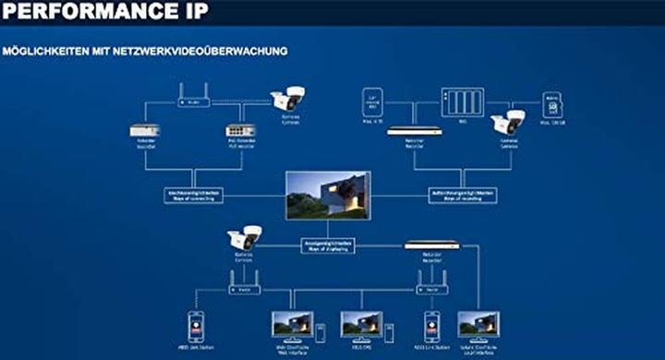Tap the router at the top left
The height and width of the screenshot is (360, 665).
click(194, 97)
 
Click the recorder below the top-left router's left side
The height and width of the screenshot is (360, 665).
click(145, 131)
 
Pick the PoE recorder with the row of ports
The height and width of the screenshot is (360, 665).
click(239, 131)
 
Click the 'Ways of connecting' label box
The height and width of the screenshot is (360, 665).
click(193, 196)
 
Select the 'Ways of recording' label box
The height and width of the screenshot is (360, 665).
click(462, 196)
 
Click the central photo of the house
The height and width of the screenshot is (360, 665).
click(328, 194)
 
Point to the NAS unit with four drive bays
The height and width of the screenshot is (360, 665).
click(462, 102)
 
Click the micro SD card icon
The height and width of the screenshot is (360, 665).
click(553, 103)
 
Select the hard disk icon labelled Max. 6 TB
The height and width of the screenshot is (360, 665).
click(373, 102)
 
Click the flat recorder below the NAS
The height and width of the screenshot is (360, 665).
click(413, 131)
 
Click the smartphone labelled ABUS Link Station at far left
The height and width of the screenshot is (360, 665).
click(195, 325)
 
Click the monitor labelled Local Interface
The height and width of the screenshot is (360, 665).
click(478, 324)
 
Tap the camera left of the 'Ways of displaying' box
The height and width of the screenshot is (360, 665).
click(245, 238)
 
